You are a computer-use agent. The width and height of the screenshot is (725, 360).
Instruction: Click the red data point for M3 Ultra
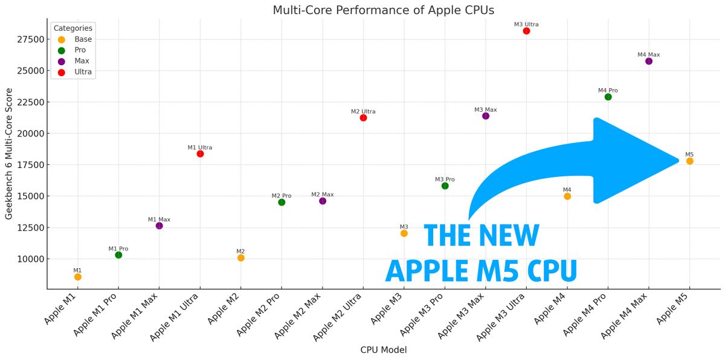pyautogui.click(x=526, y=31)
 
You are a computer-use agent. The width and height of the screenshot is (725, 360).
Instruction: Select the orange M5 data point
pyautogui.click(x=689, y=161)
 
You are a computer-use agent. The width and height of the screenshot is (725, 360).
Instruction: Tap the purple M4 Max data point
pyautogui.click(x=649, y=61)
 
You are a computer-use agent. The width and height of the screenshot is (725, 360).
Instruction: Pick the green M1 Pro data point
pyautogui.click(x=118, y=255)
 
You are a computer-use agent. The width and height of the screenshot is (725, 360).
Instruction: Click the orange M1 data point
pyautogui.click(x=78, y=277)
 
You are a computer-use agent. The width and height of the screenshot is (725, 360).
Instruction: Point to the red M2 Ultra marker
pyautogui.click(x=363, y=118)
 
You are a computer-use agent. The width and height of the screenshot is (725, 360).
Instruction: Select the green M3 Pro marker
pyautogui.click(x=445, y=186)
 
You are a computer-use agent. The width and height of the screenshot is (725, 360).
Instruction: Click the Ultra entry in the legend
pyautogui.click(x=83, y=72)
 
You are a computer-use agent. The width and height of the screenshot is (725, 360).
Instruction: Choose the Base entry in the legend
pyautogui.click(x=83, y=39)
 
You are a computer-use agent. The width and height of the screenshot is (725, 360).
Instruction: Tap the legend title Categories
pyautogui.click(x=72, y=28)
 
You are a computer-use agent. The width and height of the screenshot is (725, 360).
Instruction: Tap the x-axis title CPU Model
pyautogui.click(x=383, y=350)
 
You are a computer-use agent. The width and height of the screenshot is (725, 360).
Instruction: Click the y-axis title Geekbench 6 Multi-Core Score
pyautogui.click(x=9, y=153)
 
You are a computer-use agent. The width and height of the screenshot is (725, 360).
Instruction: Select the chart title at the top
pyautogui.click(x=383, y=10)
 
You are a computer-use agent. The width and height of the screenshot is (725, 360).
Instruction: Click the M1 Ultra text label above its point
pyautogui.click(x=200, y=147)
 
